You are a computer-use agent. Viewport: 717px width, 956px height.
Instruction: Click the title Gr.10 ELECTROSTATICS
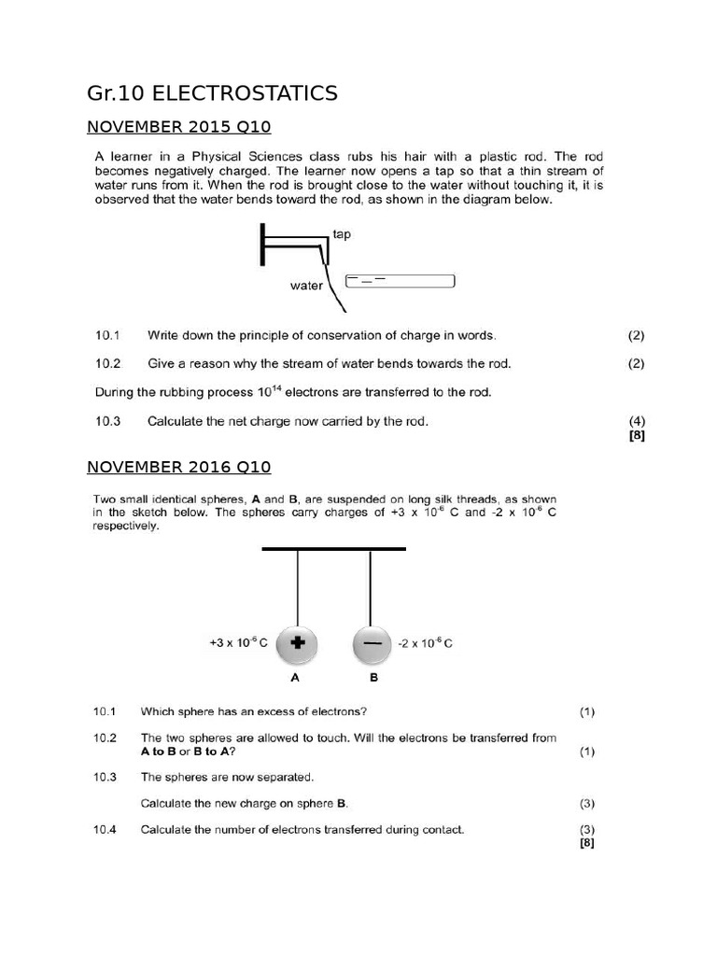[212, 93]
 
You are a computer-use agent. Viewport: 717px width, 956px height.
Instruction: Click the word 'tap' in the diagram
[343, 234]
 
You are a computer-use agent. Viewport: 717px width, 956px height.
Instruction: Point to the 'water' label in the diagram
[306, 286]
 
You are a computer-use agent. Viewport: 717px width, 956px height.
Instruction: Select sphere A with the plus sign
[297, 643]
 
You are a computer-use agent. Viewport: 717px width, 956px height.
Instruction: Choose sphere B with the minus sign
[373, 643]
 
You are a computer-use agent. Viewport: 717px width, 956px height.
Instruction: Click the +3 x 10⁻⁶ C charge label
[239, 643]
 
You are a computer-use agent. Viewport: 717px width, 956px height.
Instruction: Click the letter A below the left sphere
[297, 679]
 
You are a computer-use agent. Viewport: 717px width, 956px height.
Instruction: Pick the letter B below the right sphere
[373, 679]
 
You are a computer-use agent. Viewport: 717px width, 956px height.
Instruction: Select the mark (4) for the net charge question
[637, 421]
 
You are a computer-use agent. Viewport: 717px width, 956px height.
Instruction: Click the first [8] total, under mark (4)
[638, 434]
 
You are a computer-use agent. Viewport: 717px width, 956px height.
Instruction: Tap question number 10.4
[105, 829]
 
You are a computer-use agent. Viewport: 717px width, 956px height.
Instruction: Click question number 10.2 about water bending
[108, 363]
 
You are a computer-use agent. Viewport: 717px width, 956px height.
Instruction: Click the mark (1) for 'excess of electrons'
[586, 712]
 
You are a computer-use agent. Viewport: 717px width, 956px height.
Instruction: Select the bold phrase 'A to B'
[162, 752]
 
